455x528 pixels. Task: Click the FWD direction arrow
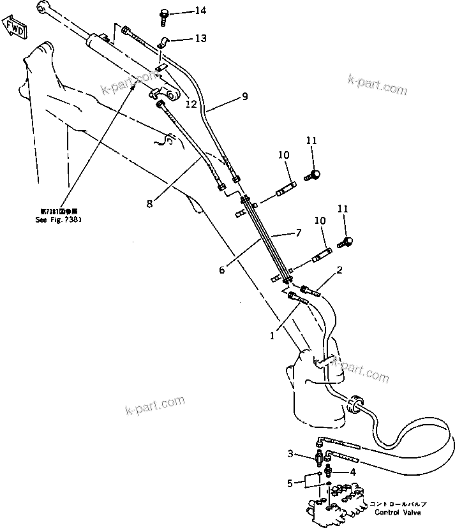click(x=14, y=29)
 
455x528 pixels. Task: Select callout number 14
click(x=183, y=11)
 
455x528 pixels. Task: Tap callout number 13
click(x=183, y=39)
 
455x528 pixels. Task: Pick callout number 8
click(x=149, y=204)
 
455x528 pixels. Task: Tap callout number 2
click(x=339, y=270)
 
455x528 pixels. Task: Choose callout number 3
click(x=290, y=454)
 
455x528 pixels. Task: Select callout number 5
click(x=290, y=483)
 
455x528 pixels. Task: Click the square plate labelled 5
click(x=313, y=480)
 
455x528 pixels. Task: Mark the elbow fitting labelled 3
click(x=320, y=456)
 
